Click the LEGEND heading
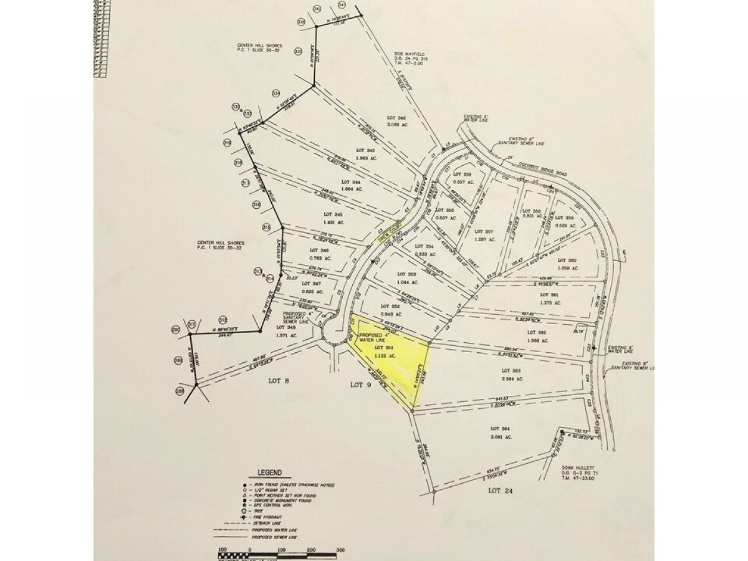[x=268, y=472]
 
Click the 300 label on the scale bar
[x=340, y=550]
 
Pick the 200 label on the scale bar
[x=310, y=550]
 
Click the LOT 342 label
[x=396, y=118]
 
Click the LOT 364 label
[x=501, y=429]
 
